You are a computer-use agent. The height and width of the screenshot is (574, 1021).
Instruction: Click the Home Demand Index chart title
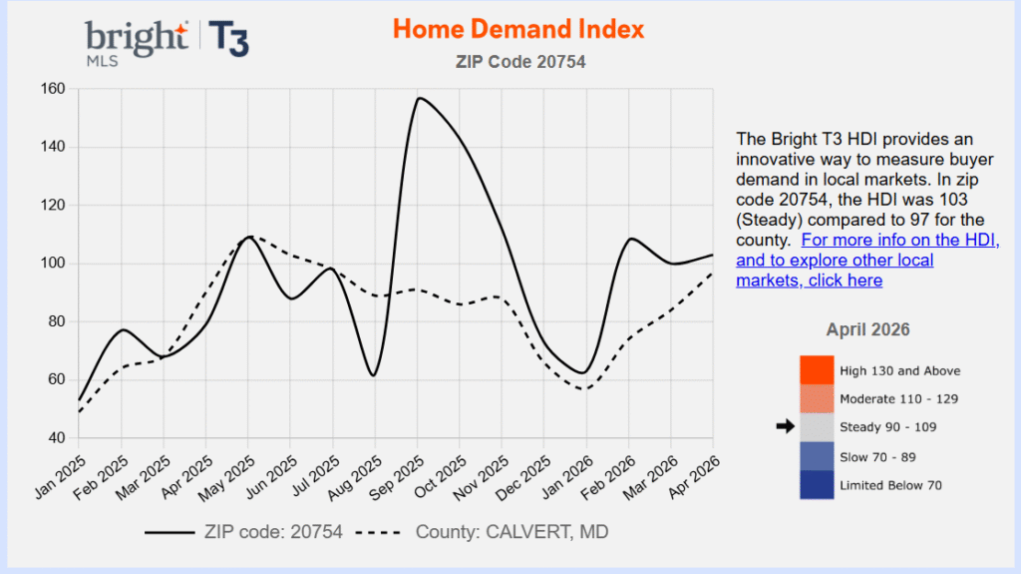click(x=517, y=28)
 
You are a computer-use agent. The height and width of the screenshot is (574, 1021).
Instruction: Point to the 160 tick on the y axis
click(x=53, y=89)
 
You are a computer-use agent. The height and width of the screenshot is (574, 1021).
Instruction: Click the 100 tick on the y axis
click(x=53, y=264)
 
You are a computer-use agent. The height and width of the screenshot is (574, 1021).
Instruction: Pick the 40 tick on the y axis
click(x=57, y=438)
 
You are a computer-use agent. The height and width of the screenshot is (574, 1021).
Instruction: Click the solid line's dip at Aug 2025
click(x=373, y=375)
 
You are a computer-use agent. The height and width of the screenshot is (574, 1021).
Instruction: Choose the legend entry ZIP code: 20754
click(x=243, y=532)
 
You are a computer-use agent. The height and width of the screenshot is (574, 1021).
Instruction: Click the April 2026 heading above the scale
click(x=867, y=329)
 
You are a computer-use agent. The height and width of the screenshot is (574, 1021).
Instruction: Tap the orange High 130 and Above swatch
click(x=816, y=370)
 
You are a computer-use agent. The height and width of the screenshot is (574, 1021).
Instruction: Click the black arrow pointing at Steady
click(x=786, y=426)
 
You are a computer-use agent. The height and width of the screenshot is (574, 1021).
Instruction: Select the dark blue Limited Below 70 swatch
click(x=816, y=484)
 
